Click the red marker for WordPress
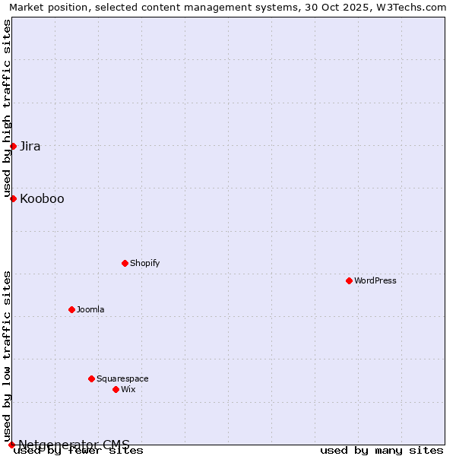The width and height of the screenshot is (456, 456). tap(349, 280)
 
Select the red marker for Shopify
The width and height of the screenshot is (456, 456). tap(125, 263)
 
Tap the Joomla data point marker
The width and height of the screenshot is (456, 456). tap(71, 309)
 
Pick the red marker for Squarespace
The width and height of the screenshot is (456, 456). tap(91, 378)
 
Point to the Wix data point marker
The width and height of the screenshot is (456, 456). tap(116, 389)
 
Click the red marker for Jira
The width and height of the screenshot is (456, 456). tap(13, 146)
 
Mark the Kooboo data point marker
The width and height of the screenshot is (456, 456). tap(13, 198)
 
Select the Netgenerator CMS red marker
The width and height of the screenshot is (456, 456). tap(11, 445)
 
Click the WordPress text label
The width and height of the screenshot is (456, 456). tap(375, 280)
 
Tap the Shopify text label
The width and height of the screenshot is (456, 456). tap(144, 263)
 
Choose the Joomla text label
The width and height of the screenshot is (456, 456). tap(90, 309)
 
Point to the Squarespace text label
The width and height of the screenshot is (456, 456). tap(122, 378)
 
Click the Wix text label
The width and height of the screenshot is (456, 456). tap(128, 389)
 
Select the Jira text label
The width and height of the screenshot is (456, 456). tap(30, 146)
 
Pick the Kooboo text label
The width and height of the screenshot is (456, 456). tap(42, 198)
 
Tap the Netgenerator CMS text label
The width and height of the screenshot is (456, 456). tap(74, 445)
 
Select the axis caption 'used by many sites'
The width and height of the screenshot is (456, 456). tap(382, 450)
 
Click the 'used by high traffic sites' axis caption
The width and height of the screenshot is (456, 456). tap(7, 108)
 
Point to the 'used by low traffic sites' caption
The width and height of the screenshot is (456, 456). tap(7, 356)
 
